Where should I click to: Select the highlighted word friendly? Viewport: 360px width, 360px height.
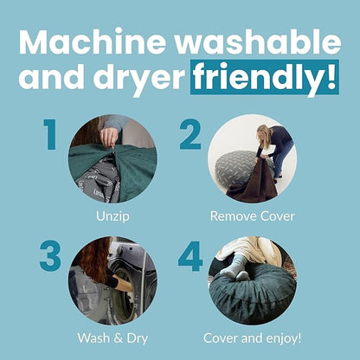(265, 77)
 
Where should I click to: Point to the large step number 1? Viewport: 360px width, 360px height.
(50, 134)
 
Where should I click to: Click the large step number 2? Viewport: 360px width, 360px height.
(190, 134)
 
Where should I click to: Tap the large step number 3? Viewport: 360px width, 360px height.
(50, 256)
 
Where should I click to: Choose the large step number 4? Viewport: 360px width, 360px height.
(190, 256)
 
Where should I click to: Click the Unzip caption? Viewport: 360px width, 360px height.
(112, 216)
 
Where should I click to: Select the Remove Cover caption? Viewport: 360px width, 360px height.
(253, 216)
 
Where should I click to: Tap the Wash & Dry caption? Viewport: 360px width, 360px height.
(112, 338)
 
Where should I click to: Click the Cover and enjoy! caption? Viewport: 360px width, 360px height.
(253, 338)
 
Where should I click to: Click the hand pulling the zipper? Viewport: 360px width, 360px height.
(109, 137)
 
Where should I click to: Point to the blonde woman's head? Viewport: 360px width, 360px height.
(262, 132)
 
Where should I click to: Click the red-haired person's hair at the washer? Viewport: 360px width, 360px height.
(93, 260)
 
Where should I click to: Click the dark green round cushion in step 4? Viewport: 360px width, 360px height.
(252, 297)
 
